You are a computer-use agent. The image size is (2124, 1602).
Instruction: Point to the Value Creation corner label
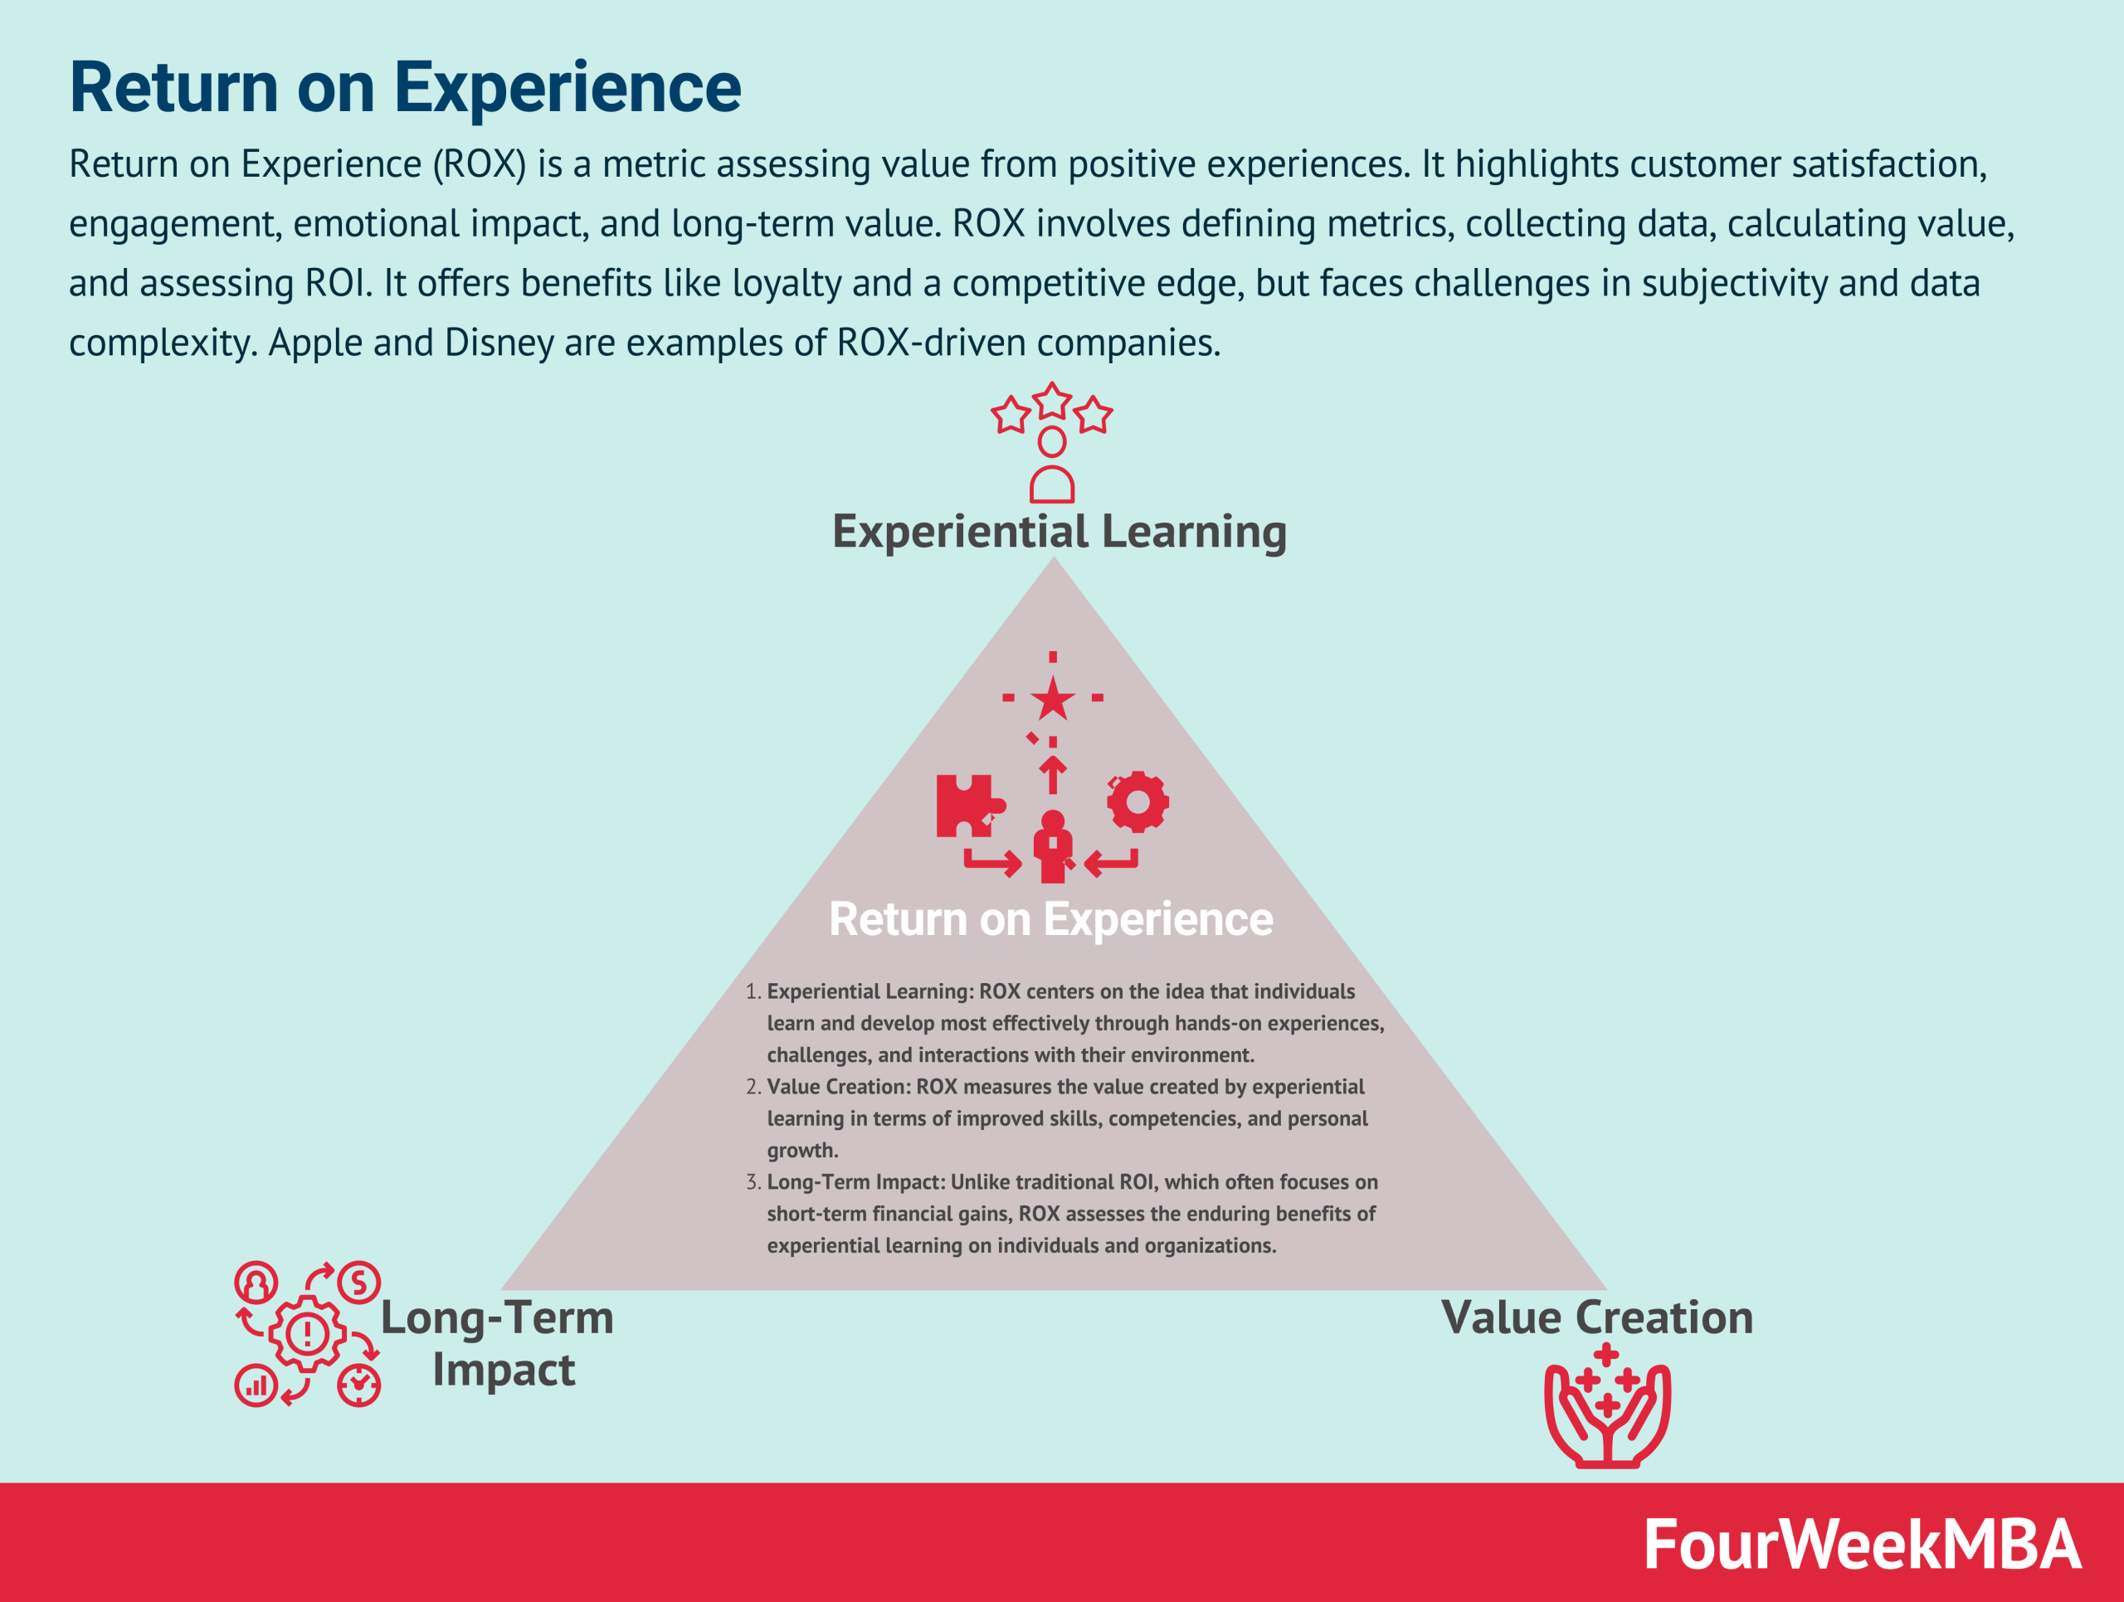(x=1597, y=1317)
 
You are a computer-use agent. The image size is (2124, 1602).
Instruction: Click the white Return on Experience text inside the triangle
(x=1050, y=918)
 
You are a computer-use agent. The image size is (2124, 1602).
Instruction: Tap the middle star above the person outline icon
(x=1052, y=400)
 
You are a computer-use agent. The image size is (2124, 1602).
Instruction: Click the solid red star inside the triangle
(x=1052, y=699)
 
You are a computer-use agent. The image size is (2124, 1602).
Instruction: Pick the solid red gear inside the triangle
(x=1138, y=801)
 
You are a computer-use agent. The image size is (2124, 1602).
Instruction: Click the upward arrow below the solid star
(x=1052, y=774)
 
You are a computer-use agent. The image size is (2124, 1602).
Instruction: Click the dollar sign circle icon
(x=359, y=1283)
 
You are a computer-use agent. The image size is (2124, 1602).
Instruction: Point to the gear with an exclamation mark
(x=307, y=1332)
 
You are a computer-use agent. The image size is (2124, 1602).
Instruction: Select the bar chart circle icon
(x=256, y=1385)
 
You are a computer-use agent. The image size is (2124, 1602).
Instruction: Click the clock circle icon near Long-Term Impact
(x=359, y=1385)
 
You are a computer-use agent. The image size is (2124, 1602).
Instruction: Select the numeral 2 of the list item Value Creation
(x=751, y=1087)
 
